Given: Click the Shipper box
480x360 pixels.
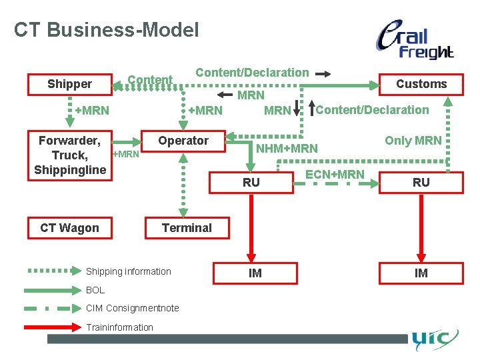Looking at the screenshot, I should pos(69,84).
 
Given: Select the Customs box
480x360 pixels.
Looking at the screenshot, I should pos(421,84).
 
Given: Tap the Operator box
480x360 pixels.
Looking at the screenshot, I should pos(183,141).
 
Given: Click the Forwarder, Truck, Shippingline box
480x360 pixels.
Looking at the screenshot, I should pos(69,155).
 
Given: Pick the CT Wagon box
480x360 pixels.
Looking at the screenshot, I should pos(69,228).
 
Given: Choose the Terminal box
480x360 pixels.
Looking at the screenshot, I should pos(187,228).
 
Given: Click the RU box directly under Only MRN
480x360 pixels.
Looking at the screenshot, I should pos(421,182).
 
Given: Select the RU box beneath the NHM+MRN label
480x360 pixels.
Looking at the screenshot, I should pos(251,182).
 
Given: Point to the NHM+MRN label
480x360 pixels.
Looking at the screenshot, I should pos(287,148).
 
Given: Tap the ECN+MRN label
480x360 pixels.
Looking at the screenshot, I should pos(335,175).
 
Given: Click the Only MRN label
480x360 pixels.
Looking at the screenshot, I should pos(413,140).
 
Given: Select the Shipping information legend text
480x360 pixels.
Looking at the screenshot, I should pos(128,271).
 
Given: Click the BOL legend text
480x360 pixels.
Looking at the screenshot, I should pos(95,290).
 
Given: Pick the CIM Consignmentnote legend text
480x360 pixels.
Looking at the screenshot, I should pos(132,308).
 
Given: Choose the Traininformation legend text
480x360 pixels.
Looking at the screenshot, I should pos(119,327).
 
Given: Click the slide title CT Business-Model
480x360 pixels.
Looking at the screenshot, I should pos(106,30).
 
